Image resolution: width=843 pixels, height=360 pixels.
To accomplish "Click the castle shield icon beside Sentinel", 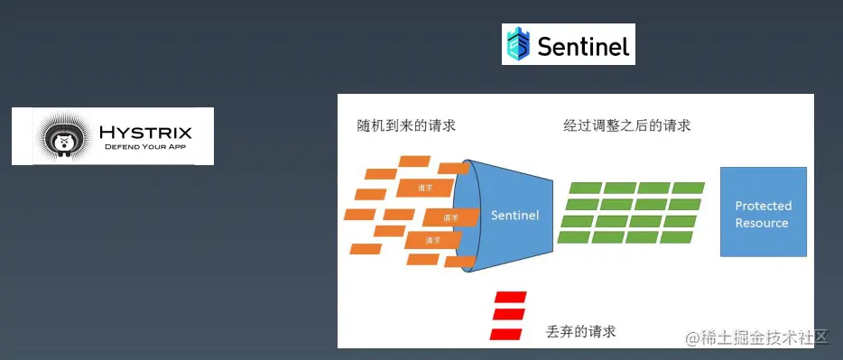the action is pos(518,43).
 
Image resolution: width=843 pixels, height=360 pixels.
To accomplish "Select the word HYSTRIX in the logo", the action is pos(145,132).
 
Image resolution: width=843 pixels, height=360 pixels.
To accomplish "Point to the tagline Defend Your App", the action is pos(145,147).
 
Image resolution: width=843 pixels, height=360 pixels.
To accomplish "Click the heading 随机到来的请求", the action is pos(406,125).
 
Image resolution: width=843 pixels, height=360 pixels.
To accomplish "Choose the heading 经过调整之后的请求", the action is pos(627,126).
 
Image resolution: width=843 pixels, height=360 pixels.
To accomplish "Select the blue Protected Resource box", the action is pos(764,211).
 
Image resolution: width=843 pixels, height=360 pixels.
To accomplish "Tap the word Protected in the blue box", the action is pos(764,206).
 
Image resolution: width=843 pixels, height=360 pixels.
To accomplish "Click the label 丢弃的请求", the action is pos(580,331).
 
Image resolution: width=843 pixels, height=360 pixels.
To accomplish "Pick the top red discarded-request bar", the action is pos(510,297).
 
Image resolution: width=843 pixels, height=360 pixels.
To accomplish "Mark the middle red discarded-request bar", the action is pos(508,314).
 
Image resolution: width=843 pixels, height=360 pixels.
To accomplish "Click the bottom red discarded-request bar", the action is pos(506,334).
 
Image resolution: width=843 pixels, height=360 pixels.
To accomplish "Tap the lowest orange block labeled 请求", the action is pos(433,240).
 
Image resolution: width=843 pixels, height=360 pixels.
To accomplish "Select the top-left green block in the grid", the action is pos(586,188).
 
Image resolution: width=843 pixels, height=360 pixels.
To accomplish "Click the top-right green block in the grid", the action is pos(688,188).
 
